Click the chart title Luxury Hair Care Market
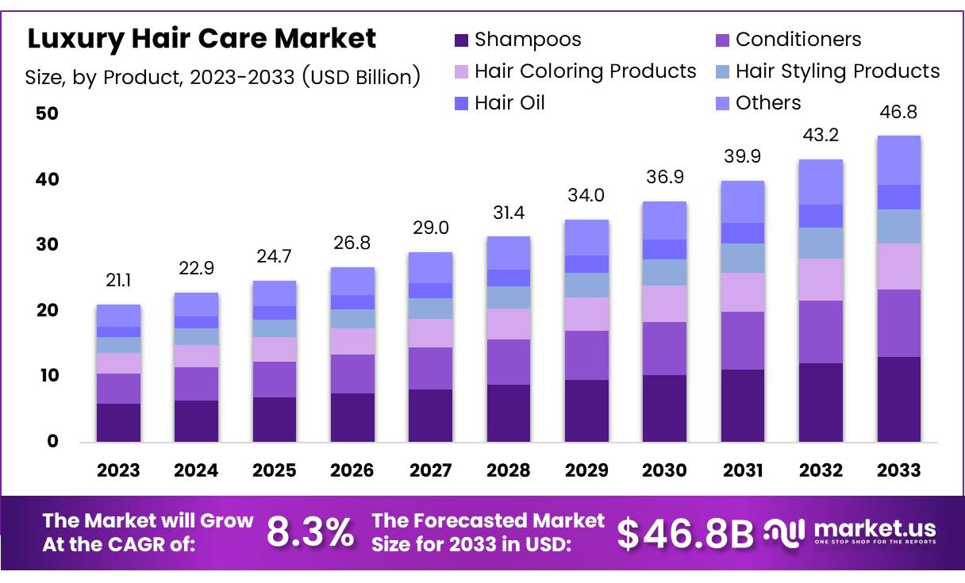[202, 38]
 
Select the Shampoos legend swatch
[462, 40]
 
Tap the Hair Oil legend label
[509, 103]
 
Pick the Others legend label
[767, 103]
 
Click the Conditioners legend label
[798, 40]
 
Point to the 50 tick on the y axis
[48, 113]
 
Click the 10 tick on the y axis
[48, 375]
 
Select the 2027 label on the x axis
[430, 470]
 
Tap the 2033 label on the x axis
[899, 470]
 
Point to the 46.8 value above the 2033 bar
[899, 113]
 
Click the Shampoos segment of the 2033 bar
[899, 399]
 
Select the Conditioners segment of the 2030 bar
[664, 348]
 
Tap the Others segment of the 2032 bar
[821, 182]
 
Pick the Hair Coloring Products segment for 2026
[352, 341]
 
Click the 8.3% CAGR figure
[310, 533]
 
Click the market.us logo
[850, 531]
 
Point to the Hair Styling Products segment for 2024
[196, 336]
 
